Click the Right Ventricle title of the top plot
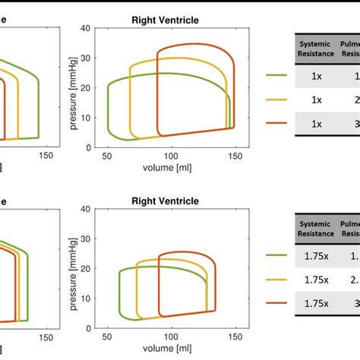point(165,19)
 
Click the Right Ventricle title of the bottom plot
point(165,201)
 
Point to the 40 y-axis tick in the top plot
point(87,29)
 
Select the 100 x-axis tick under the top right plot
point(173,156)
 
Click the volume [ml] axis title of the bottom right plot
point(173,349)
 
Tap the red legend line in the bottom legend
point(276,303)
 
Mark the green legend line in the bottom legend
point(276,257)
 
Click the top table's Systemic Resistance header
point(316,49)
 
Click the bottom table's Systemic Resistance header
point(316,230)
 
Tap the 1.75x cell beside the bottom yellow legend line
point(316,279)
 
